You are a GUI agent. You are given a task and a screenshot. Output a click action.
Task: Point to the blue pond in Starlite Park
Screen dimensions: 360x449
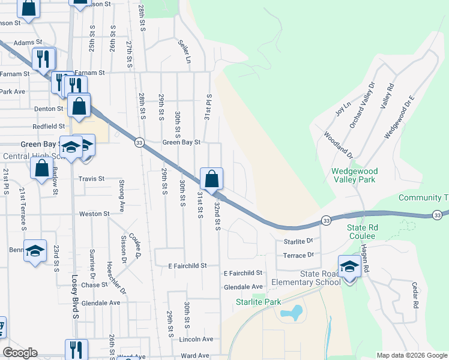point(292,313)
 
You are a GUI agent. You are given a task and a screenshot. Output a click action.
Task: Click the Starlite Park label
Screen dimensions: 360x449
point(258,302)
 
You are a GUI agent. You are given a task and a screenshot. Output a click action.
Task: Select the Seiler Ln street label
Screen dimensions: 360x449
point(184,52)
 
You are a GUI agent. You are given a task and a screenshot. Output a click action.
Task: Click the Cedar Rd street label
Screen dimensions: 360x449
point(415,296)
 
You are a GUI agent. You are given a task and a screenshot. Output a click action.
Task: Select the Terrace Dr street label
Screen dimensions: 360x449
point(298,256)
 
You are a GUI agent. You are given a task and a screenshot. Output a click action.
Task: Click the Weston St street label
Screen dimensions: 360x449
point(95,214)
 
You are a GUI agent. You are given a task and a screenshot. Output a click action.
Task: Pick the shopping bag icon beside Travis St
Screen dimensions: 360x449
point(42,169)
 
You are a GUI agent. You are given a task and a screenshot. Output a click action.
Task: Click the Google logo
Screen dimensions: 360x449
point(20,353)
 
